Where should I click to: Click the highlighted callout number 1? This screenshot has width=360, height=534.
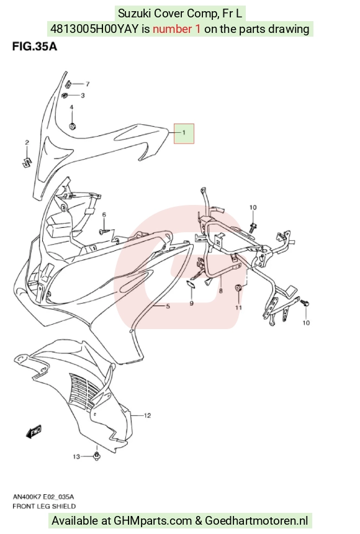coord(184,133)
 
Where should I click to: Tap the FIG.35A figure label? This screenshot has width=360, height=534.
coord(34,47)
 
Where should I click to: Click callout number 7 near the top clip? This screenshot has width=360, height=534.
coord(88,84)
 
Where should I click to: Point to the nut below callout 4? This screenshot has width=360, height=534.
coord(72,126)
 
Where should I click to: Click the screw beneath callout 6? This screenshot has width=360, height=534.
coord(104,231)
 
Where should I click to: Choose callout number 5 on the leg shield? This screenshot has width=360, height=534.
coord(168,307)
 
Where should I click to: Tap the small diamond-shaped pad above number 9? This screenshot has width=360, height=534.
coord(191,284)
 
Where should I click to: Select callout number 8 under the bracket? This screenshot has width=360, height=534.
coord(221,291)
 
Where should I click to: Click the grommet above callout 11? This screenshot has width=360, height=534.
coord(239,288)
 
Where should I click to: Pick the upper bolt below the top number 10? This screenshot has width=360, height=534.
coord(253,227)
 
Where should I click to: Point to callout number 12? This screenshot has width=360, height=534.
coord(147,415)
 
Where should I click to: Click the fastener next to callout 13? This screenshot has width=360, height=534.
coord(96,456)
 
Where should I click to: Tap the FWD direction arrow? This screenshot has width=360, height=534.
coord(34,432)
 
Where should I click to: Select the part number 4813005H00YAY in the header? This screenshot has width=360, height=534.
coord(94,29)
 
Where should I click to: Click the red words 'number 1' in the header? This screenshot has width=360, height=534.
coord(176,29)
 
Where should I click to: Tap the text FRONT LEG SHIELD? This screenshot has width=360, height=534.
coord(44,507)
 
